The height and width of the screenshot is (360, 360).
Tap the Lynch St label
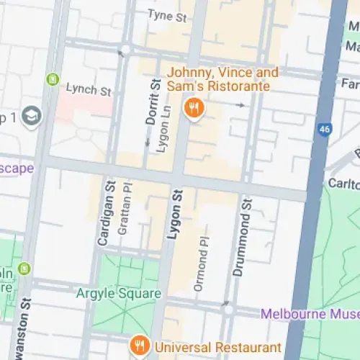tap(89, 91)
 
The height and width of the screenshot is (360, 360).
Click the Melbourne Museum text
tap(310, 314)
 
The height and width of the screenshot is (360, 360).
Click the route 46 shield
tap(324, 130)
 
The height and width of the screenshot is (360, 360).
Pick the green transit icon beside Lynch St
tap(52, 79)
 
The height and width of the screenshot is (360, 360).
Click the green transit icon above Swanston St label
tap(26, 269)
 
